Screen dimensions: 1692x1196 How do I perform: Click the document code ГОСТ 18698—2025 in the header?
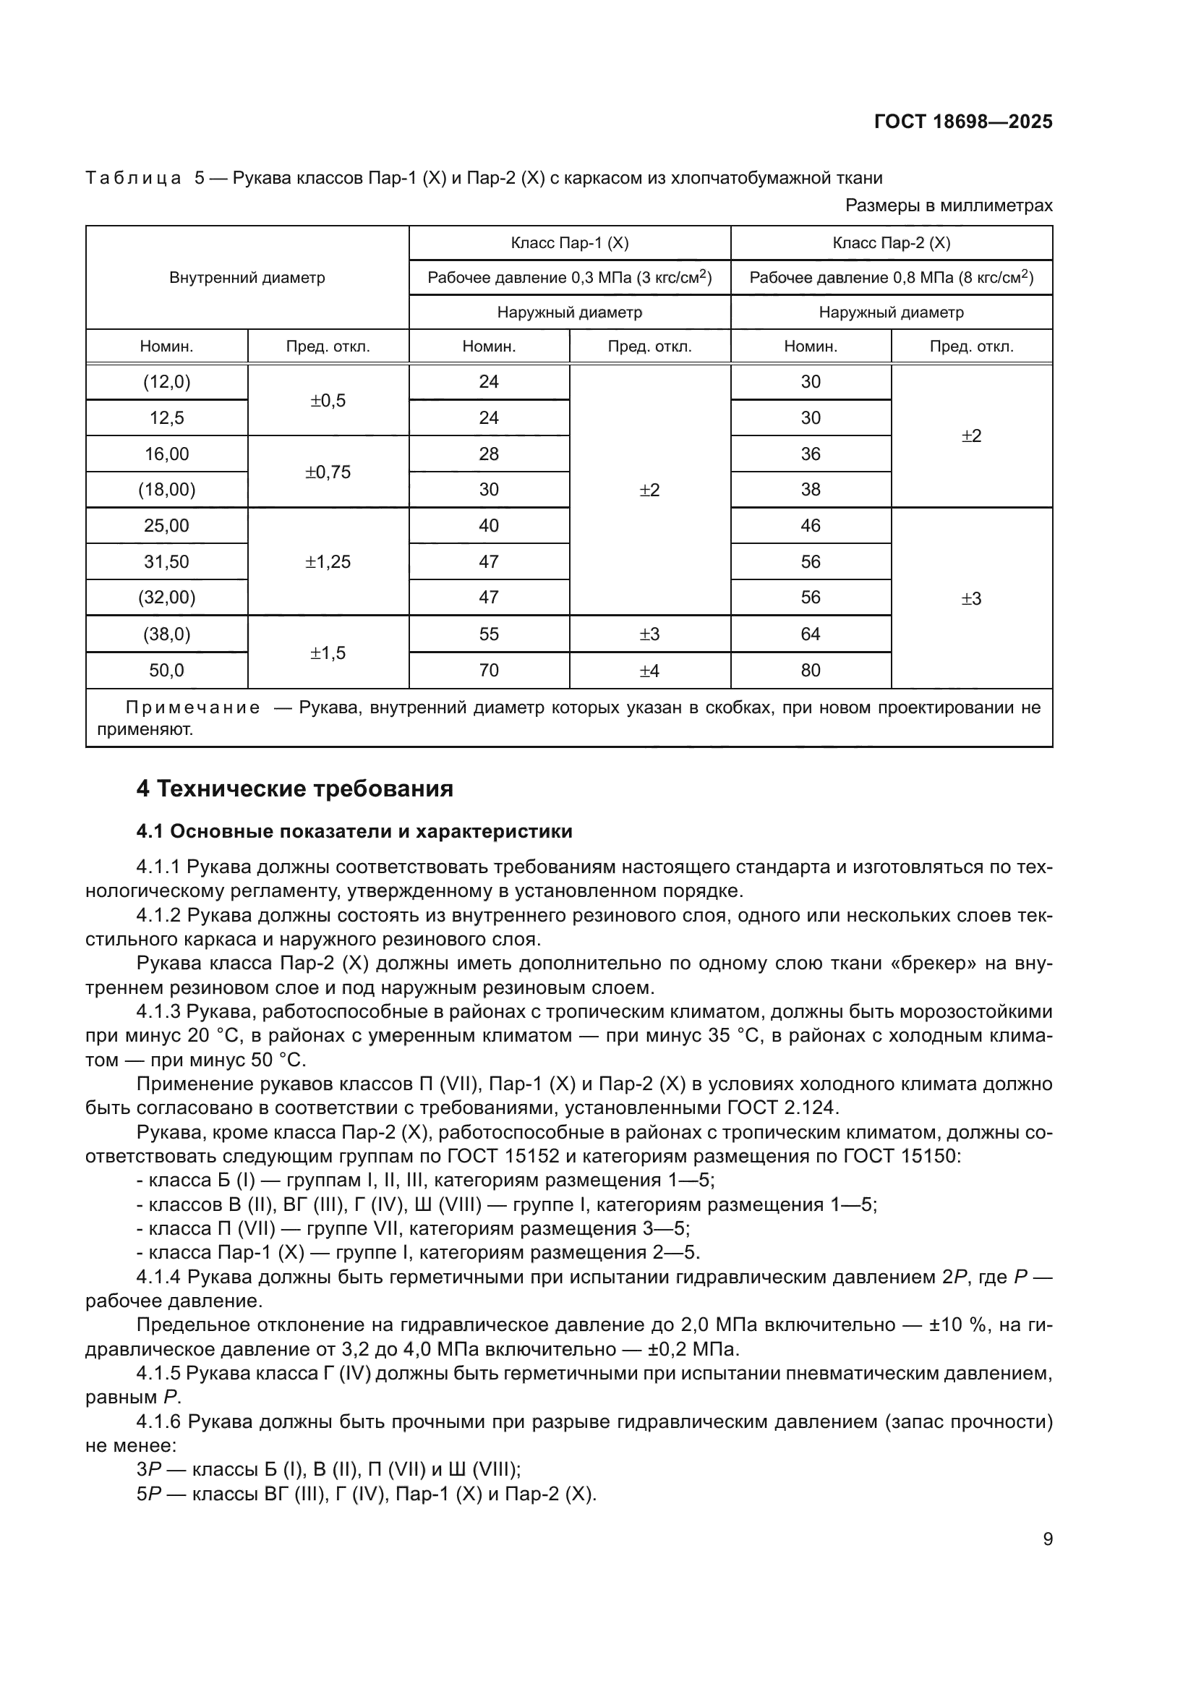tap(962, 122)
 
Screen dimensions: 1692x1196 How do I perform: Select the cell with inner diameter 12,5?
tap(166, 418)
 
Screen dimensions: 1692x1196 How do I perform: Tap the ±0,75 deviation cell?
tap(328, 472)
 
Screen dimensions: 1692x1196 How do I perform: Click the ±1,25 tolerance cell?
tap(328, 561)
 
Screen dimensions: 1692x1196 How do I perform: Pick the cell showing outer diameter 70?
tap(488, 670)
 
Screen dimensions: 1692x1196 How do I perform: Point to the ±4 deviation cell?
tap(649, 670)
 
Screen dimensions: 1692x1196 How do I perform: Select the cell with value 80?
tap(810, 670)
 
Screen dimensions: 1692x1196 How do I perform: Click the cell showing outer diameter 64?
tap(810, 634)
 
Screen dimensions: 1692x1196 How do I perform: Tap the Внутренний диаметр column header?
tap(247, 278)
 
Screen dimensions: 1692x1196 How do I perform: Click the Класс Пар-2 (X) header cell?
tap(891, 243)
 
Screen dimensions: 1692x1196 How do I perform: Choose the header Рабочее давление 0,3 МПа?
tap(569, 278)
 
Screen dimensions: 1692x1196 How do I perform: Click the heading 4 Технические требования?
tap(294, 789)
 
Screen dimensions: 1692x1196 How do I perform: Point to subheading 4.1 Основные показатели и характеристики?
tap(354, 831)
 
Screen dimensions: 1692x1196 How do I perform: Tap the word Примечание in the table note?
tap(192, 707)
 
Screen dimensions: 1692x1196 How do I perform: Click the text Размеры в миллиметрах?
tap(949, 205)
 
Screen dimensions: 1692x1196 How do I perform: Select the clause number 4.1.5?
tap(158, 1373)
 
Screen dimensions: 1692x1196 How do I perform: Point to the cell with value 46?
tap(810, 525)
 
